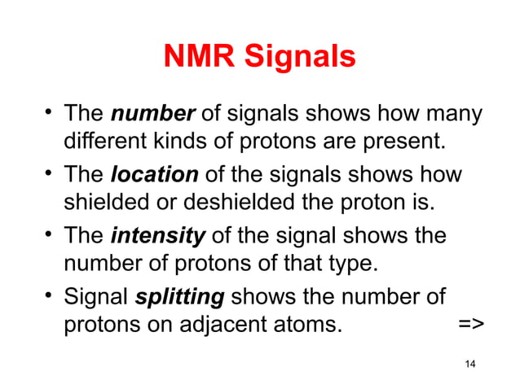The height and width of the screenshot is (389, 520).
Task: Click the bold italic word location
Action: pyautogui.click(x=153, y=175)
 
